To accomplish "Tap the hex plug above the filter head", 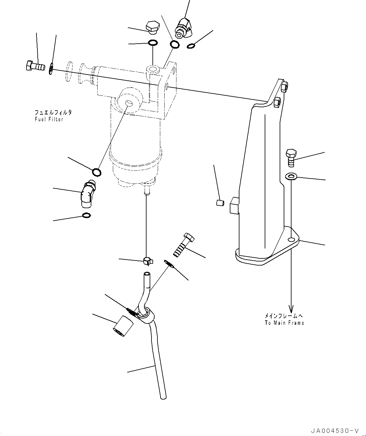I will (x=152, y=27).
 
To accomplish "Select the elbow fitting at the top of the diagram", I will (x=184, y=28).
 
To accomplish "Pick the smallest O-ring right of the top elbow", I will (x=191, y=46).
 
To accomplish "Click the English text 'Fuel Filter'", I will (x=49, y=119).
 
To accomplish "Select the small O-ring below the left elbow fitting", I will (x=86, y=215).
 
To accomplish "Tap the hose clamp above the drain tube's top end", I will (x=147, y=261).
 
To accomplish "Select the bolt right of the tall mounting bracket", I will (x=291, y=157).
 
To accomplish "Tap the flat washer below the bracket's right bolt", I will (x=291, y=177).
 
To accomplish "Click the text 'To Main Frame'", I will (x=284, y=323).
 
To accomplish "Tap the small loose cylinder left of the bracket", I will (x=220, y=203).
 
